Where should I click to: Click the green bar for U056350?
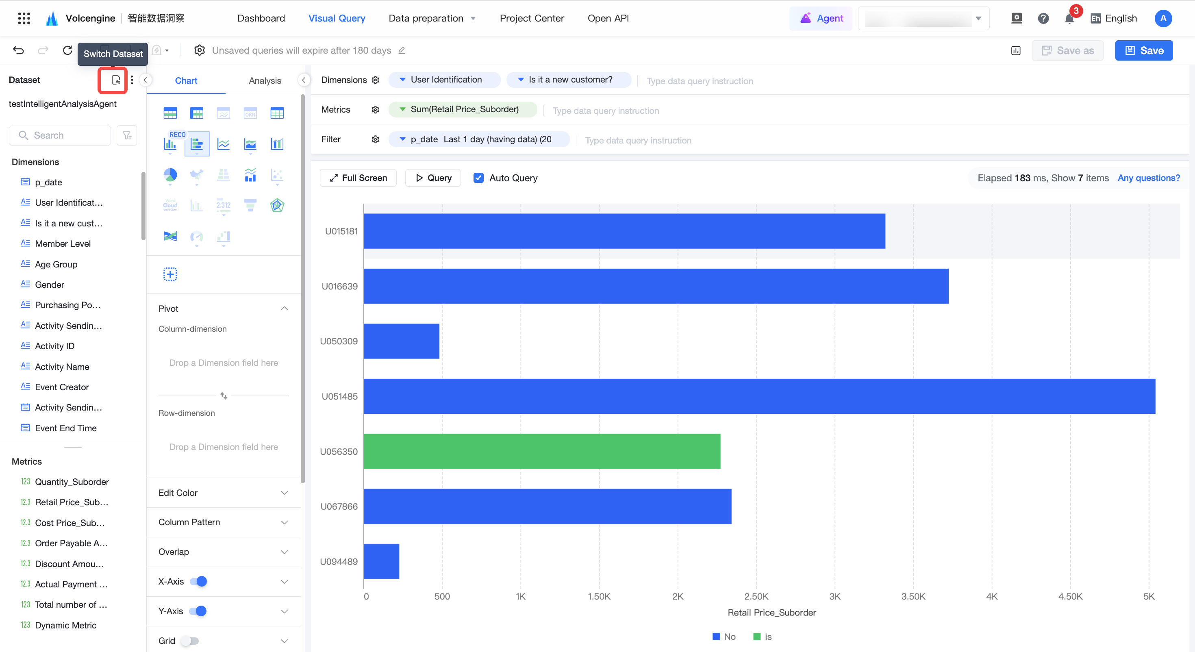542,451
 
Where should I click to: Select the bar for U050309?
401,341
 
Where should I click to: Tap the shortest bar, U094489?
381,561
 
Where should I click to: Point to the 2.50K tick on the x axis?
756,596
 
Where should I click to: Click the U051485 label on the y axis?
339,396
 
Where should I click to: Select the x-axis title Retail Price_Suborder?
771,613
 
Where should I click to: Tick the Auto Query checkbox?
478,178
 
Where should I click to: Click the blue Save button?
1143,50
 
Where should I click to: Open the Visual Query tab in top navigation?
337,18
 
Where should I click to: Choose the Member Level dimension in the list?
63,243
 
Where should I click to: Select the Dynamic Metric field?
65,625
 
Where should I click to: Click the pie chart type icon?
170,175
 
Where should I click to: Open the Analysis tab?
265,81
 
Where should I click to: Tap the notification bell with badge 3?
1069,18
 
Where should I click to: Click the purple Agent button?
821,18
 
